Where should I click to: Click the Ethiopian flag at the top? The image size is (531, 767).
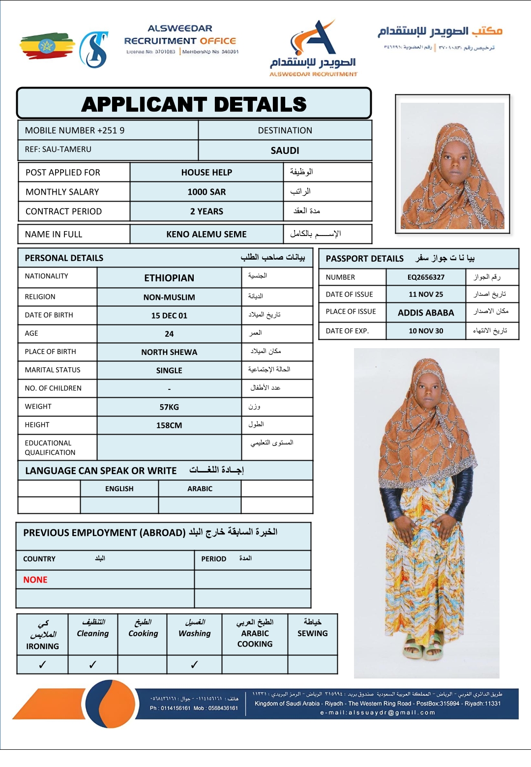click(47, 46)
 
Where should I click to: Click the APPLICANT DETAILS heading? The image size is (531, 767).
click(194, 104)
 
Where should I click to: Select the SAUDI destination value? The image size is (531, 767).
click(285, 150)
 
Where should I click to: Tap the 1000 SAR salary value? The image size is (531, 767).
click(206, 192)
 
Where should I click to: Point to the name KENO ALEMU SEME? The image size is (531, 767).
click(206, 234)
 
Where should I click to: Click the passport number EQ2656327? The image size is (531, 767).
click(426, 277)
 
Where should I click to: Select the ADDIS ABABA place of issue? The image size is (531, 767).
click(426, 313)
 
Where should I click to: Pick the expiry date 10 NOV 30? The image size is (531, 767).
click(426, 331)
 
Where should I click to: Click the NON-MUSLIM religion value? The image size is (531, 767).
click(169, 297)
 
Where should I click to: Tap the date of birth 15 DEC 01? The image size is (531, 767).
click(169, 316)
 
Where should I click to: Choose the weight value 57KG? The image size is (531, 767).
click(169, 407)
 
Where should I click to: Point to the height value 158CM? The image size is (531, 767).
click(169, 425)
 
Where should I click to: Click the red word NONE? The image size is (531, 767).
click(35, 580)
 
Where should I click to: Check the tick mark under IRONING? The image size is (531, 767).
click(42, 665)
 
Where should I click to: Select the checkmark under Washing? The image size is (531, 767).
click(194, 665)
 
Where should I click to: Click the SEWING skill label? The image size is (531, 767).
click(312, 633)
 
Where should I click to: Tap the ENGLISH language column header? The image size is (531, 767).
click(119, 489)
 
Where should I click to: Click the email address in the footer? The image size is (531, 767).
click(378, 712)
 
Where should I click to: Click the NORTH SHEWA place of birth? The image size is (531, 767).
click(169, 352)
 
